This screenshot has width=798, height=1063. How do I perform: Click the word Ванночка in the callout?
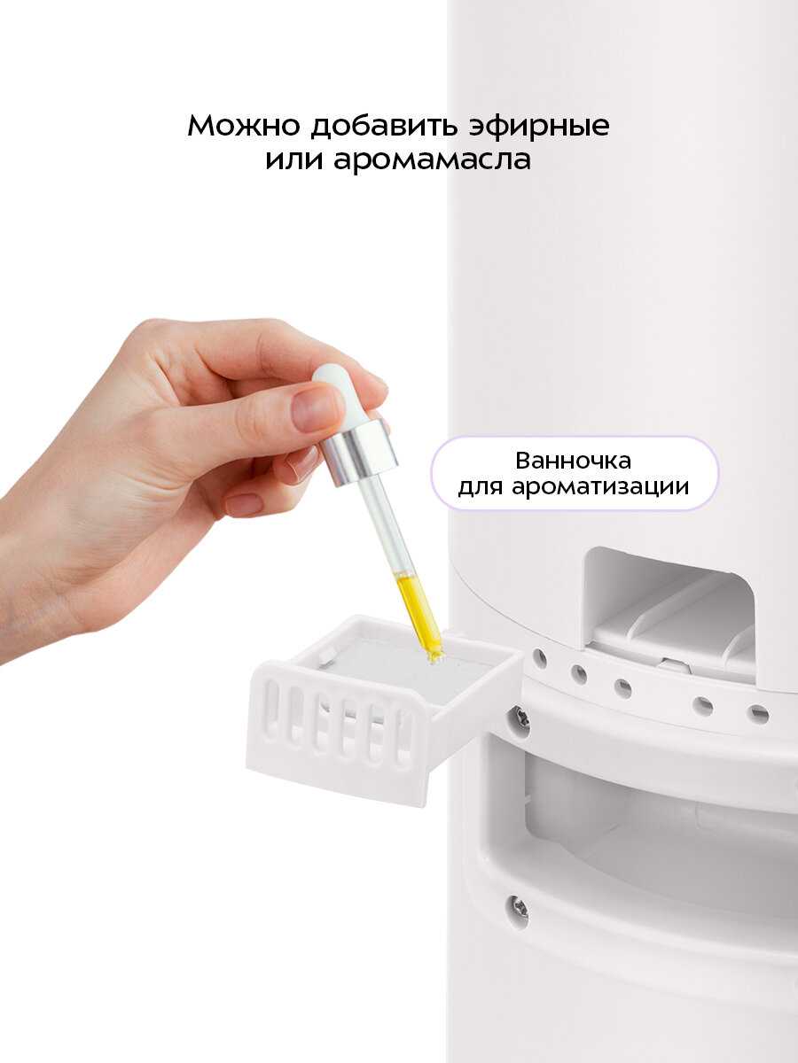573,462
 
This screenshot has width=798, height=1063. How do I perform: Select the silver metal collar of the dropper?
358,452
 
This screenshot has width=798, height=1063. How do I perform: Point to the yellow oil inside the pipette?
419,611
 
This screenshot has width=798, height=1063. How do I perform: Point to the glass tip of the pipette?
434,654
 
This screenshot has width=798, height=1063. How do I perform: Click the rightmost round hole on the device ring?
757,713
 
